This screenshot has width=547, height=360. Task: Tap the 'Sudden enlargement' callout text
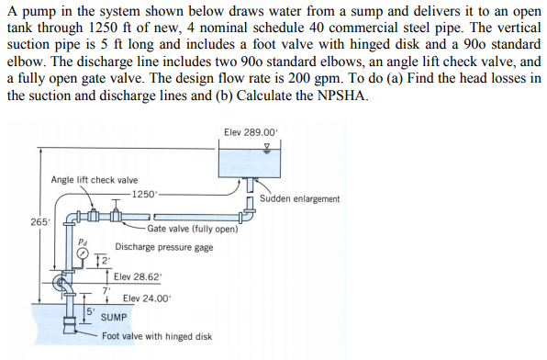point(299,198)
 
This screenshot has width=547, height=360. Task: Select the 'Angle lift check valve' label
point(95,180)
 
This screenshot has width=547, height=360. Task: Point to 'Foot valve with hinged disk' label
point(157,336)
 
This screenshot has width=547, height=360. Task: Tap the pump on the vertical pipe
point(69,284)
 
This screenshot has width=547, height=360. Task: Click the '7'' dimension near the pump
point(106,289)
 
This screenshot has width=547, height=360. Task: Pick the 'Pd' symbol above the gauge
point(84,242)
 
